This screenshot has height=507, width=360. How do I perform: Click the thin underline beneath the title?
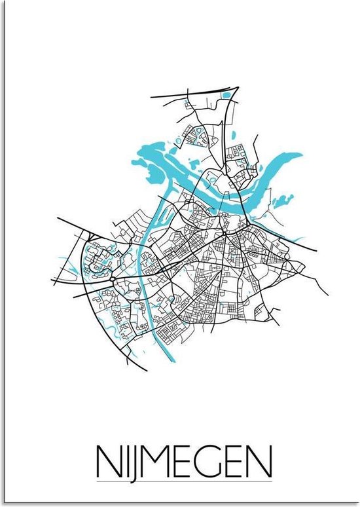click(180, 463)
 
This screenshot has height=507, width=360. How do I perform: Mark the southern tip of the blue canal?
click(171, 361)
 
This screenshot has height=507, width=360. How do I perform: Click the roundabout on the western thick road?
click(115, 280)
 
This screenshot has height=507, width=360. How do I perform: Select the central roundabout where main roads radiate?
click(224, 233)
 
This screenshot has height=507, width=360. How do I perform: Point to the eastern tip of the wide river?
click(302, 155)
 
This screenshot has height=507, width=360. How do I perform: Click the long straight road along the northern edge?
click(190, 98)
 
